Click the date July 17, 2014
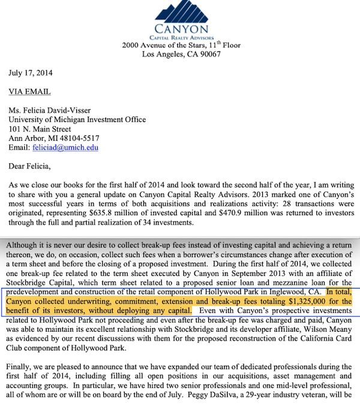31,74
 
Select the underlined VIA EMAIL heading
29,92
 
